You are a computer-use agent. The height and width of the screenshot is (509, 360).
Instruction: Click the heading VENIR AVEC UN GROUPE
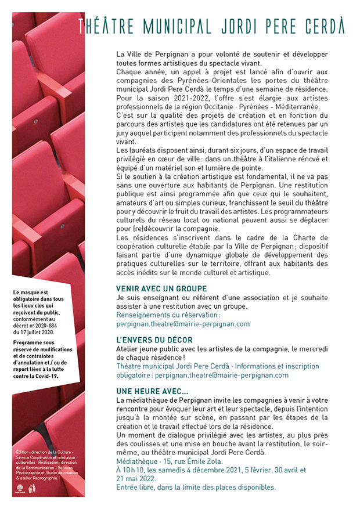pos(161,288)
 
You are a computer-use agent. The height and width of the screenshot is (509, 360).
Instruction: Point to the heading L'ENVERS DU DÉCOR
pos(154,340)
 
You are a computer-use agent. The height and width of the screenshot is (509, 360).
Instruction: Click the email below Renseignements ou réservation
pos(183,324)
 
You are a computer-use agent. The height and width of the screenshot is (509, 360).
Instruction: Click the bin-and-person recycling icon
pos(32,489)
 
